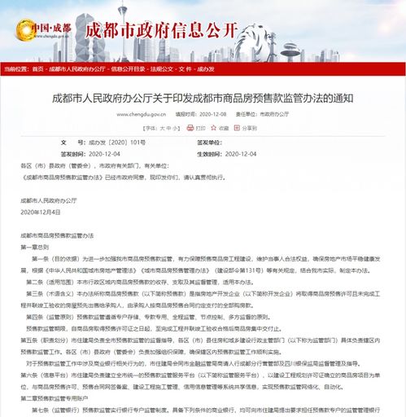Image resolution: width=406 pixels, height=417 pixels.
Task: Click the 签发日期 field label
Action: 72,152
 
